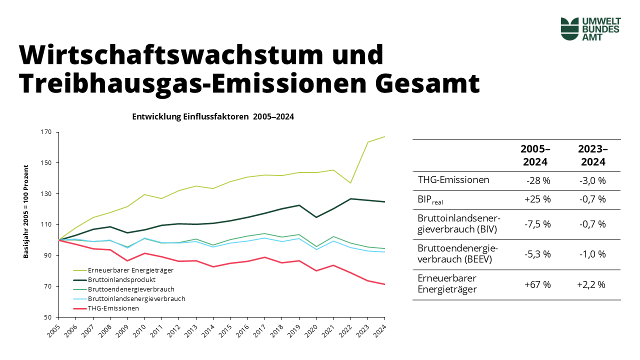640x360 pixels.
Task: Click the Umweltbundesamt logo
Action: click(590, 28)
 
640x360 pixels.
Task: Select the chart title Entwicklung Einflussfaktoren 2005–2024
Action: click(213, 116)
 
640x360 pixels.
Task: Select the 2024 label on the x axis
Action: click(382, 330)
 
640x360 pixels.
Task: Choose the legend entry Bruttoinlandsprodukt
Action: click(120, 279)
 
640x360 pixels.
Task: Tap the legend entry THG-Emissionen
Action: click(113, 308)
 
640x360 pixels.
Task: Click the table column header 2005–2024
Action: click(535, 155)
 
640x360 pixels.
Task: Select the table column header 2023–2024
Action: click(592, 155)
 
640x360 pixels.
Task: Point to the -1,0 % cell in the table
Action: click(592, 254)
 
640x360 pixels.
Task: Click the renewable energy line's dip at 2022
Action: click(351, 183)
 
